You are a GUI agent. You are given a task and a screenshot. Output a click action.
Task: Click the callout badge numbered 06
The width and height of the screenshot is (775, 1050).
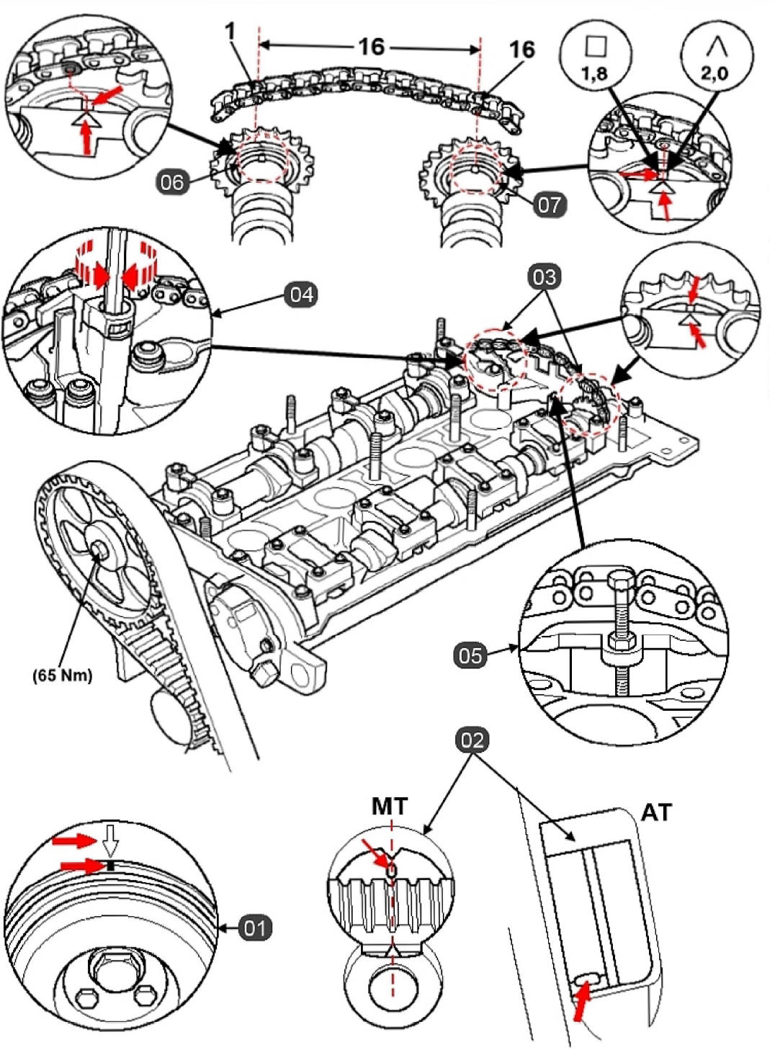172,182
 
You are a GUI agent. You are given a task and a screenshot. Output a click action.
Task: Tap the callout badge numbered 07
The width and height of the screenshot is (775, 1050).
550,205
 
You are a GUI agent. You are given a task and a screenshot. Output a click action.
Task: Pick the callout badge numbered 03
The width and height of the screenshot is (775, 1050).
544,277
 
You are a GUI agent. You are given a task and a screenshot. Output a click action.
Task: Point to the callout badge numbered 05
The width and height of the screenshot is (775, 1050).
470,655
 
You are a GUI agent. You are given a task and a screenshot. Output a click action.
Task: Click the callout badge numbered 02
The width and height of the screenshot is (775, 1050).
472,740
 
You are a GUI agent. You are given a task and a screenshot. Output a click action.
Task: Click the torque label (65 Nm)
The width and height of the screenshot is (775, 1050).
62,676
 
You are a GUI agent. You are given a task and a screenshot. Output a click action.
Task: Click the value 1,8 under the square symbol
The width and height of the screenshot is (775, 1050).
595,73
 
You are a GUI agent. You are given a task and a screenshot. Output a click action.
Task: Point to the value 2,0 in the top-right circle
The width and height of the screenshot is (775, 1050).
715,73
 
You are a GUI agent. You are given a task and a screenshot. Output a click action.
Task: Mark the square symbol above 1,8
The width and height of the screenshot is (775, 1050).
595,47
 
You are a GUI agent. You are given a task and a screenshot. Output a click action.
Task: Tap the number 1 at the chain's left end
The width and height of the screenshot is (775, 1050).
230,32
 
